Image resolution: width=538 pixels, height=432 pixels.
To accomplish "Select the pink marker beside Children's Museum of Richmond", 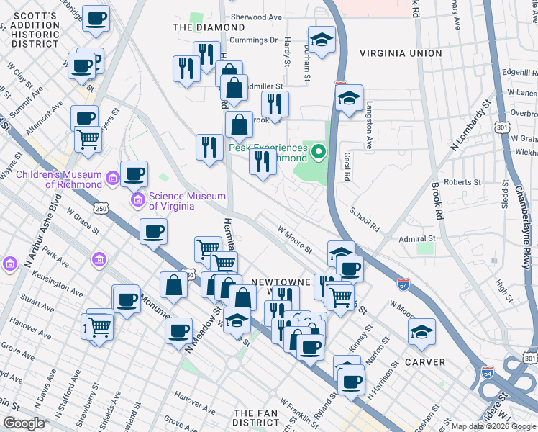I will [111, 177].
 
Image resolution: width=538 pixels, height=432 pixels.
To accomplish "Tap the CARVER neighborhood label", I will [424, 362].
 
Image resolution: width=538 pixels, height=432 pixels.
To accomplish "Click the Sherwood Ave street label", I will [256, 17].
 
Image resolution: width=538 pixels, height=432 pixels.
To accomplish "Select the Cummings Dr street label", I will [252, 40].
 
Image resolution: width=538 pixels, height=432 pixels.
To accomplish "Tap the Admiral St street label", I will [418, 238].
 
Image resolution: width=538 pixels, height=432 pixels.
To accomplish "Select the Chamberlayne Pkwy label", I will [522, 216].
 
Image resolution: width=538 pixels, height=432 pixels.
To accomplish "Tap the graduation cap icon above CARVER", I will [421, 332].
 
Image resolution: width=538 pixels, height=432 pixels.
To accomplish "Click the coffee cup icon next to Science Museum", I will [134, 174].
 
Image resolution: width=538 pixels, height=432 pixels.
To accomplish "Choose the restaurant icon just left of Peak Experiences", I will [263, 161].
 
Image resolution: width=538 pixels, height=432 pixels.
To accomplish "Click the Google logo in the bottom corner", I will [23, 423].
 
